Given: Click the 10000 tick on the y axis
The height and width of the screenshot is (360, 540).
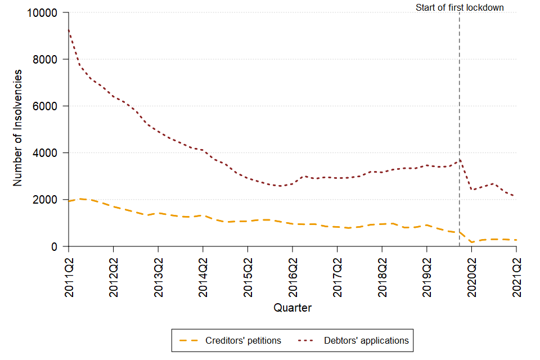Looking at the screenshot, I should (x=45, y=12).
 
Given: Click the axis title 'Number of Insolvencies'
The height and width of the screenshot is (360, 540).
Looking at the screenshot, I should (x=18, y=128).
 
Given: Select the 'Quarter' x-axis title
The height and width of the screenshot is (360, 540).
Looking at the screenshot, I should (x=292, y=308).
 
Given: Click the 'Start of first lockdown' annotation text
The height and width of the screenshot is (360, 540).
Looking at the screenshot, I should (x=460, y=7).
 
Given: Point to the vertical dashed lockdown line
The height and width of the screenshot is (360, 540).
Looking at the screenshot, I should (x=460, y=112).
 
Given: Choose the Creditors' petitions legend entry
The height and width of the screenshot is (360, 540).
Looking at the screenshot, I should (x=231, y=340).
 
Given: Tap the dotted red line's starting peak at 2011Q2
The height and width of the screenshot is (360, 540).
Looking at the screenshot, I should (x=69, y=30).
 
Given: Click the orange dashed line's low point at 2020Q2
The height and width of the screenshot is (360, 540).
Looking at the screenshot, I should (x=471, y=242).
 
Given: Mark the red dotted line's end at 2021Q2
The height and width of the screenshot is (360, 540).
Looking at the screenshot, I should (x=516, y=196).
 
